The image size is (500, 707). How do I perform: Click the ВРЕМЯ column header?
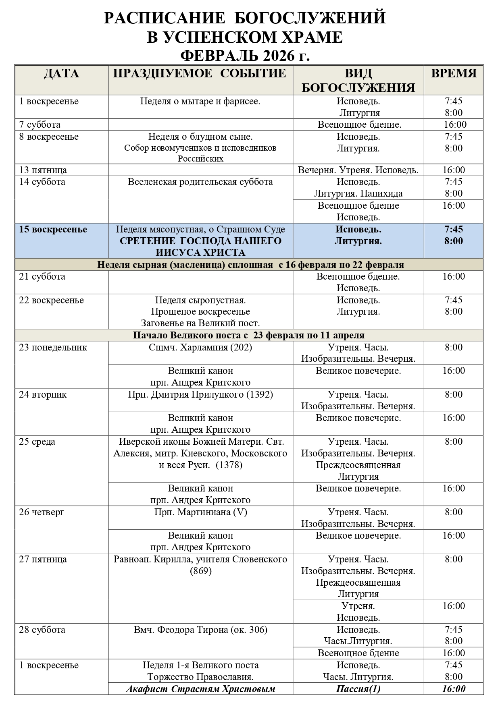tap(454, 74)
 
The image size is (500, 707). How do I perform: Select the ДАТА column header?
tap(62, 74)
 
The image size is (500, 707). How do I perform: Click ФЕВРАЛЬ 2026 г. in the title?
tap(245, 55)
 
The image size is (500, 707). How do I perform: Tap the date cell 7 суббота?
tap(40, 125)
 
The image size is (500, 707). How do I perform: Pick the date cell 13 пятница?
tap(43, 170)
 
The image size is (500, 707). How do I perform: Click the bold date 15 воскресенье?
tap(53, 230)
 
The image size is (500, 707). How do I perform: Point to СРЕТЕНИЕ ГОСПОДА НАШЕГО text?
tap(200, 241)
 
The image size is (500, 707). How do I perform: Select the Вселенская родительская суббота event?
tap(200, 182)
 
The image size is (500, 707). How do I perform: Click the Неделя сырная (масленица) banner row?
tap(250, 265)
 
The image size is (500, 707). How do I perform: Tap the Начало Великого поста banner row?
tap(249, 335)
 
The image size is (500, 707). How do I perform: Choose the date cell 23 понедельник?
tap(53, 348)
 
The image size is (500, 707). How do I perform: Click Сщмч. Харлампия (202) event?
tap(200, 348)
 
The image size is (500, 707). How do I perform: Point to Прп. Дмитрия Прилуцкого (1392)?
tap(200, 395)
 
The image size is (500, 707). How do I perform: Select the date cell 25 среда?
tap(37, 442)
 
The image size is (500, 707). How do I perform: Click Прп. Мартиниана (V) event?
tap(200, 512)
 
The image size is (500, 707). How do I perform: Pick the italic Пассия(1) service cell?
tap(358, 689)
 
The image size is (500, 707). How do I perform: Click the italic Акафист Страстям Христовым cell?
tap(200, 689)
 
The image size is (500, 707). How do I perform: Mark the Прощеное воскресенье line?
tap(200, 312)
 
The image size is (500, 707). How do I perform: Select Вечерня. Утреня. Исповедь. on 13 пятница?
tap(358, 170)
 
